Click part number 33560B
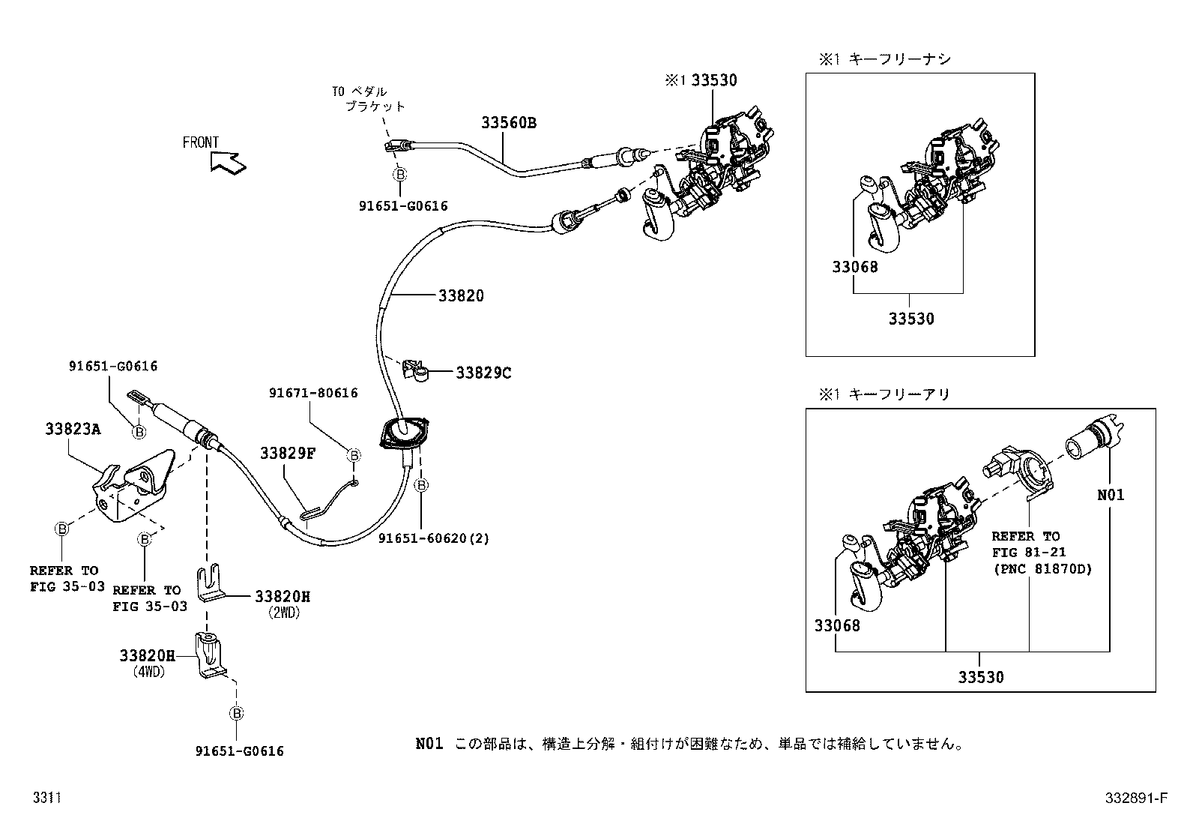coord(508,123)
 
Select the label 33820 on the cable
coord(461,295)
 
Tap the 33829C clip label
coord(483,372)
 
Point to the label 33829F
coord(288,453)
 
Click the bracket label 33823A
coord(73,429)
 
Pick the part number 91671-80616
coord(313,393)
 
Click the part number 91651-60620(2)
coord(433,538)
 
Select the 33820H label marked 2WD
coord(282,596)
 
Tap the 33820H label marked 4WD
coord(147,655)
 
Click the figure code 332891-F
coord(1136,798)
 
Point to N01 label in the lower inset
coord(1110,495)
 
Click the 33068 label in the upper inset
coord(854,266)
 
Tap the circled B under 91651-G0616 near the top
coord(400,174)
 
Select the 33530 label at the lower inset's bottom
coord(980,677)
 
